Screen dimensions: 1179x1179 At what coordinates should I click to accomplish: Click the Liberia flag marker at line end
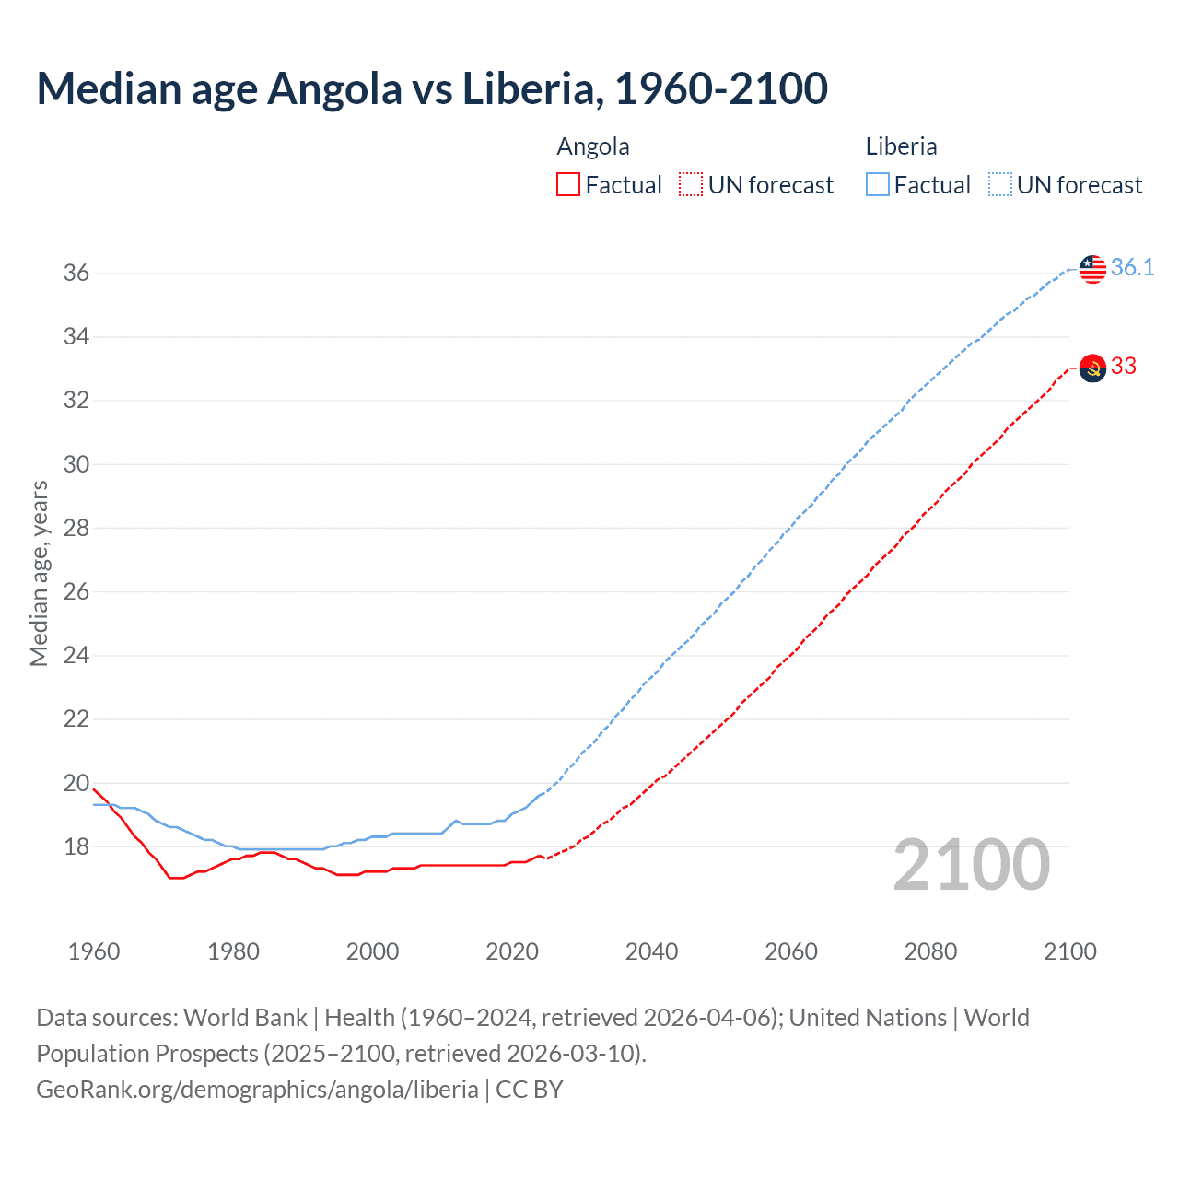[x=1092, y=269]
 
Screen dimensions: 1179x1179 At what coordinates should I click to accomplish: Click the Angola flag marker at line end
[x=1092, y=368]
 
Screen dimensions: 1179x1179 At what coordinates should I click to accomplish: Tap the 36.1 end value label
[x=1132, y=268]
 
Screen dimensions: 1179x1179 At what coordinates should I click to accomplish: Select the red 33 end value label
[x=1124, y=367]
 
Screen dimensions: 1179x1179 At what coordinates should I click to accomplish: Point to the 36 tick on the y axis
[x=76, y=274]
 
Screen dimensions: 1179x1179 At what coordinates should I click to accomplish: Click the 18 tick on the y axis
[x=76, y=846]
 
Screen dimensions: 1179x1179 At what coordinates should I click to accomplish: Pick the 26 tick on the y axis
[x=76, y=592]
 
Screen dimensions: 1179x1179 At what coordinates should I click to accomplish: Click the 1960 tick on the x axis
[x=94, y=951]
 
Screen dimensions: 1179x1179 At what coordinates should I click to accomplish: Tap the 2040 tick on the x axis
[x=651, y=951]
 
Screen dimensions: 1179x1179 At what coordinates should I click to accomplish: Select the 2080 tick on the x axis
[x=930, y=951]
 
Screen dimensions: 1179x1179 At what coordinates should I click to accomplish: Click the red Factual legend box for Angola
[x=568, y=185]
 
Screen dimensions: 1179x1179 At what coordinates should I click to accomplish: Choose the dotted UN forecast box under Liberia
[x=1000, y=185]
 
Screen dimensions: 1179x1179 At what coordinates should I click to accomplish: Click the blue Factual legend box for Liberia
[x=878, y=185]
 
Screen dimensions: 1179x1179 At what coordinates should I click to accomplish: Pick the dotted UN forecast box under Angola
[x=691, y=185]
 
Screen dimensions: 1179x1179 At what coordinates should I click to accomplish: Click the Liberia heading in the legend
[x=901, y=146]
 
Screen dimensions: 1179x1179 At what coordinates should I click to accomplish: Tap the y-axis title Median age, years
[x=39, y=573]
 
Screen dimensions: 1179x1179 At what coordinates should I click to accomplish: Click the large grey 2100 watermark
[x=972, y=865]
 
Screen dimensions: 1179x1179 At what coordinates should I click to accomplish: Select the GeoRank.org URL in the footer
[x=257, y=1090]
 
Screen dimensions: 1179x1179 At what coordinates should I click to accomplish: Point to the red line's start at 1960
[x=94, y=789]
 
